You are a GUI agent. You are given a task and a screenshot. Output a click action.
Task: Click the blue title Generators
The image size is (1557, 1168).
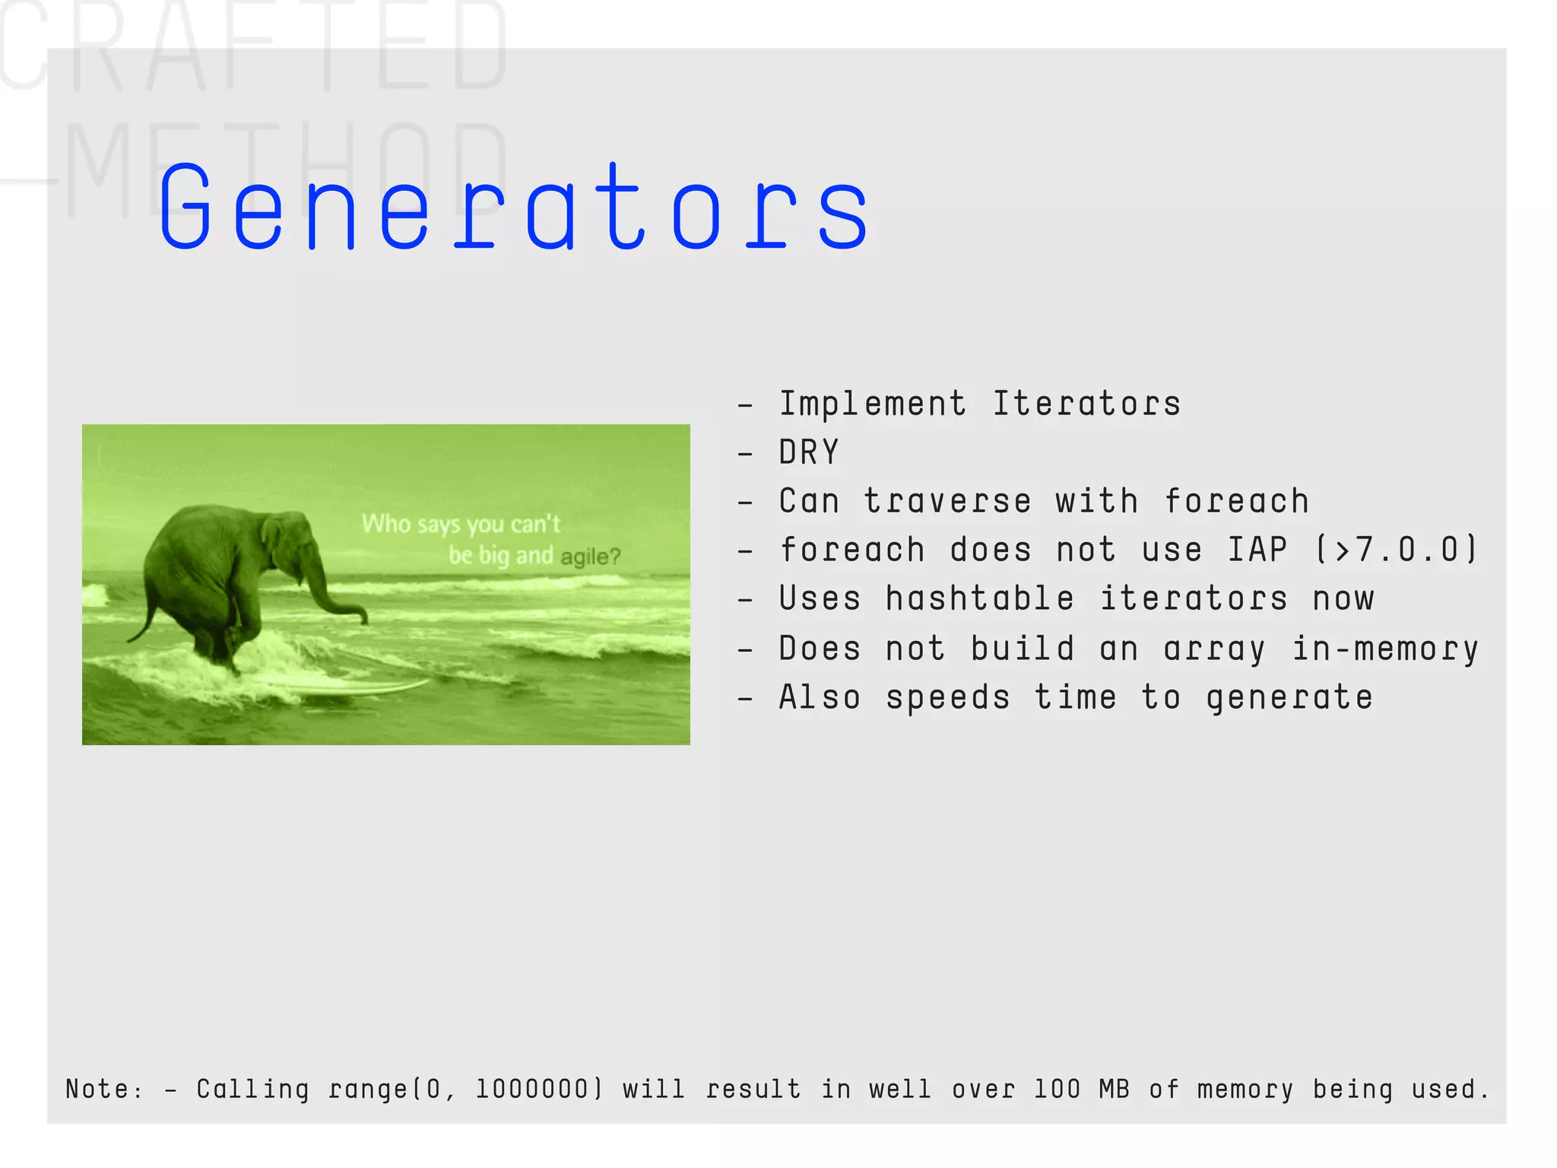pyautogui.click(x=514, y=208)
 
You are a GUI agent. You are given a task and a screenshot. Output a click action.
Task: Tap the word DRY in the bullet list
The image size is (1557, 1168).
pyautogui.click(x=809, y=452)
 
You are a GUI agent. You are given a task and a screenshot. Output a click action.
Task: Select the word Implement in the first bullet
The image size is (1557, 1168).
pyautogui.click(x=873, y=404)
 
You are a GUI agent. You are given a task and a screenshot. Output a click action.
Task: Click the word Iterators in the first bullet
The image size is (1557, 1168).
pyautogui.click(x=1087, y=404)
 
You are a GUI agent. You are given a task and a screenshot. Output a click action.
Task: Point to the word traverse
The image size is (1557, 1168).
pyautogui.click(x=947, y=502)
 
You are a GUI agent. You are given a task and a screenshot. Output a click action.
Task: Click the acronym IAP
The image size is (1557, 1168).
pyautogui.click(x=1258, y=550)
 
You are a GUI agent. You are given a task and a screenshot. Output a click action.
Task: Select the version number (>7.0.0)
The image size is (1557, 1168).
pyautogui.click(x=1396, y=550)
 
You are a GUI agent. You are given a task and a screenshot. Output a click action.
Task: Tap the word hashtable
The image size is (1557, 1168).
pyautogui.click(x=980, y=599)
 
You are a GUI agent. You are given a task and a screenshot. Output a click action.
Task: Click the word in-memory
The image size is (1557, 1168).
pyautogui.click(x=1385, y=649)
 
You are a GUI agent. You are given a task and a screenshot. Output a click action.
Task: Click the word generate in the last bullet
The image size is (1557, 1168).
pyautogui.click(x=1289, y=698)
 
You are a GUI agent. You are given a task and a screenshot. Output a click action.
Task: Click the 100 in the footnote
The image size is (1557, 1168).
pyautogui.click(x=1057, y=1089)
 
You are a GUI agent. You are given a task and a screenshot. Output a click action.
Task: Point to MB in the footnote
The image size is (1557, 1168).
pyautogui.click(x=1115, y=1089)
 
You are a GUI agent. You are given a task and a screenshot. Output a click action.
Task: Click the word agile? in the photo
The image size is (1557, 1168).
pyautogui.click(x=591, y=557)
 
